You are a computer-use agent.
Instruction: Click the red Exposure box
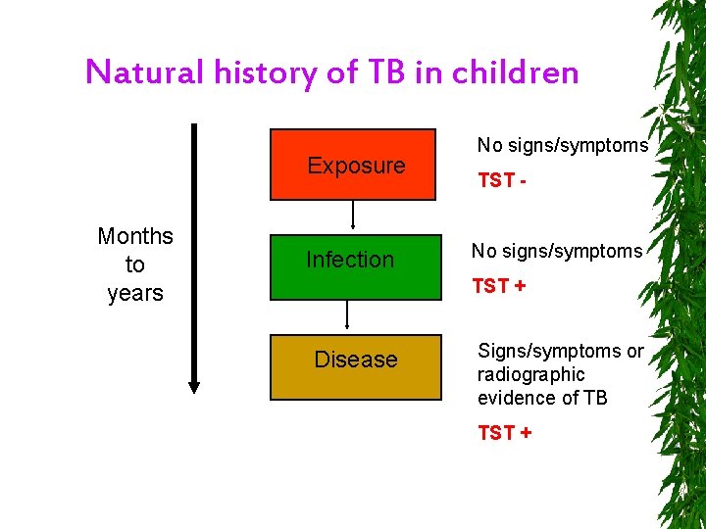tap(353, 165)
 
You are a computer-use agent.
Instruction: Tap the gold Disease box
tap(355, 361)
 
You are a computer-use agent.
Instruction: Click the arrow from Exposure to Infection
tap(353, 213)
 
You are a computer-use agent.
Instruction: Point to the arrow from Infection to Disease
tap(346, 314)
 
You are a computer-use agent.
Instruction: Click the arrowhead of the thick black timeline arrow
tap(194, 386)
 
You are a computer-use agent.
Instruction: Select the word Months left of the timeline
tap(135, 236)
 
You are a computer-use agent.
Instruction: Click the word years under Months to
tap(135, 293)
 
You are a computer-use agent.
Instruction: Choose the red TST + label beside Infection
tap(498, 286)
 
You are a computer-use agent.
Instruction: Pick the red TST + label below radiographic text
tap(504, 432)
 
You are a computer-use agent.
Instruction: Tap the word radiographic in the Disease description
tap(530, 374)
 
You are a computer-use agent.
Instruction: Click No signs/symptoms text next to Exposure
tap(563, 145)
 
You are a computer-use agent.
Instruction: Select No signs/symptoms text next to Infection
tap(557, 251)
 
